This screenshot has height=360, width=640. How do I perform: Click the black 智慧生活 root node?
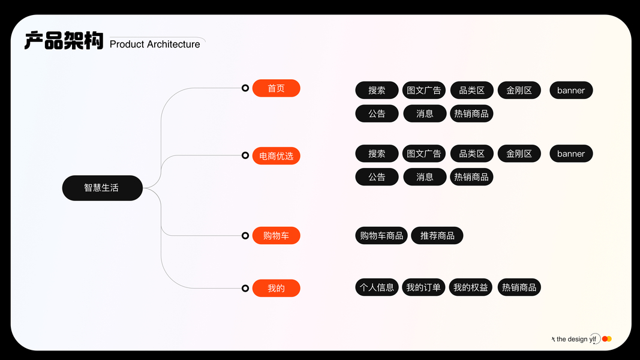pyautogui.click(x=102, y=188)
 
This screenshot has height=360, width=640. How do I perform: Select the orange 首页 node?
pyautogui.click(x=276, y=88)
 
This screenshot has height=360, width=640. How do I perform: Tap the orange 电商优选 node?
pyautogui.click(x=276, y=156)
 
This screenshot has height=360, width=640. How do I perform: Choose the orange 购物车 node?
pyautogui.click(x=276, y=236)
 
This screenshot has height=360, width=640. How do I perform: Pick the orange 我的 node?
pyautogui.click(x=276, y=288)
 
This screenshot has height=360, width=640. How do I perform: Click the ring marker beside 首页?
pyautogui.click(x=245, y=88)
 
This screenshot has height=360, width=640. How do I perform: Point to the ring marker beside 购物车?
pyautogui.click(x=245, y=236)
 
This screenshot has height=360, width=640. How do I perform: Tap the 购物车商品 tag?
pyautogui.click(x=381, y=236)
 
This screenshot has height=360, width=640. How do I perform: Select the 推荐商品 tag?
pyautogui.click(x=437, y=236)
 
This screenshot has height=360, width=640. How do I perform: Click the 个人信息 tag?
pyautogui.click(x=377, y=287)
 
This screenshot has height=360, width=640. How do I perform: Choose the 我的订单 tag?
pyautogui.click(x=423, y=287)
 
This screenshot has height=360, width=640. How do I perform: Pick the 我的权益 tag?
pyautogui.click(x=471, y=287)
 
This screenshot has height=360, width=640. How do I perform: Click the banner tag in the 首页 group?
pyautogui.click(x=571, y=91)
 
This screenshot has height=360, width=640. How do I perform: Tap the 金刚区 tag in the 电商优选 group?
pyautogui.click(x=519, y=154)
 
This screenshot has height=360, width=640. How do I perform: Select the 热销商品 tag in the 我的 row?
pyautogui.click(x=519, y=287)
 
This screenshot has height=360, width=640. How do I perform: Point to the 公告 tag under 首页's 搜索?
pyautogui.click(x=377, y=113)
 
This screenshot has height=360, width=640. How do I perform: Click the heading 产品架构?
pyautogui.click(x=64, y=41)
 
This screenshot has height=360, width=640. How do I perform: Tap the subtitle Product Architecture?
pyautogui.click(x=155, y=44)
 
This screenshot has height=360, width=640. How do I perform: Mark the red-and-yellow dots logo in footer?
pyautogui.click(x=606, y=339)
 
